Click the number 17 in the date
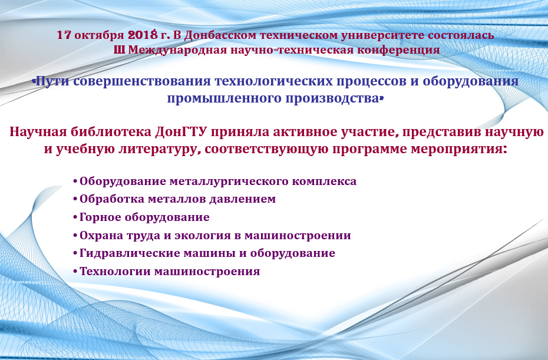pyautogui.click(x=64, y=35)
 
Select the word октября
pyautogui.click(x=99, y=36)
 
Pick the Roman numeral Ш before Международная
pyautogui.click(x=119, y=50)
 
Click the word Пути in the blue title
pyautogui.click(x=53, y=81)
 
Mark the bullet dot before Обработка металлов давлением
pyautogui.click(x=75, y=199)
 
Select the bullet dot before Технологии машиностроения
pyautogui.click(x=75, y=271)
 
